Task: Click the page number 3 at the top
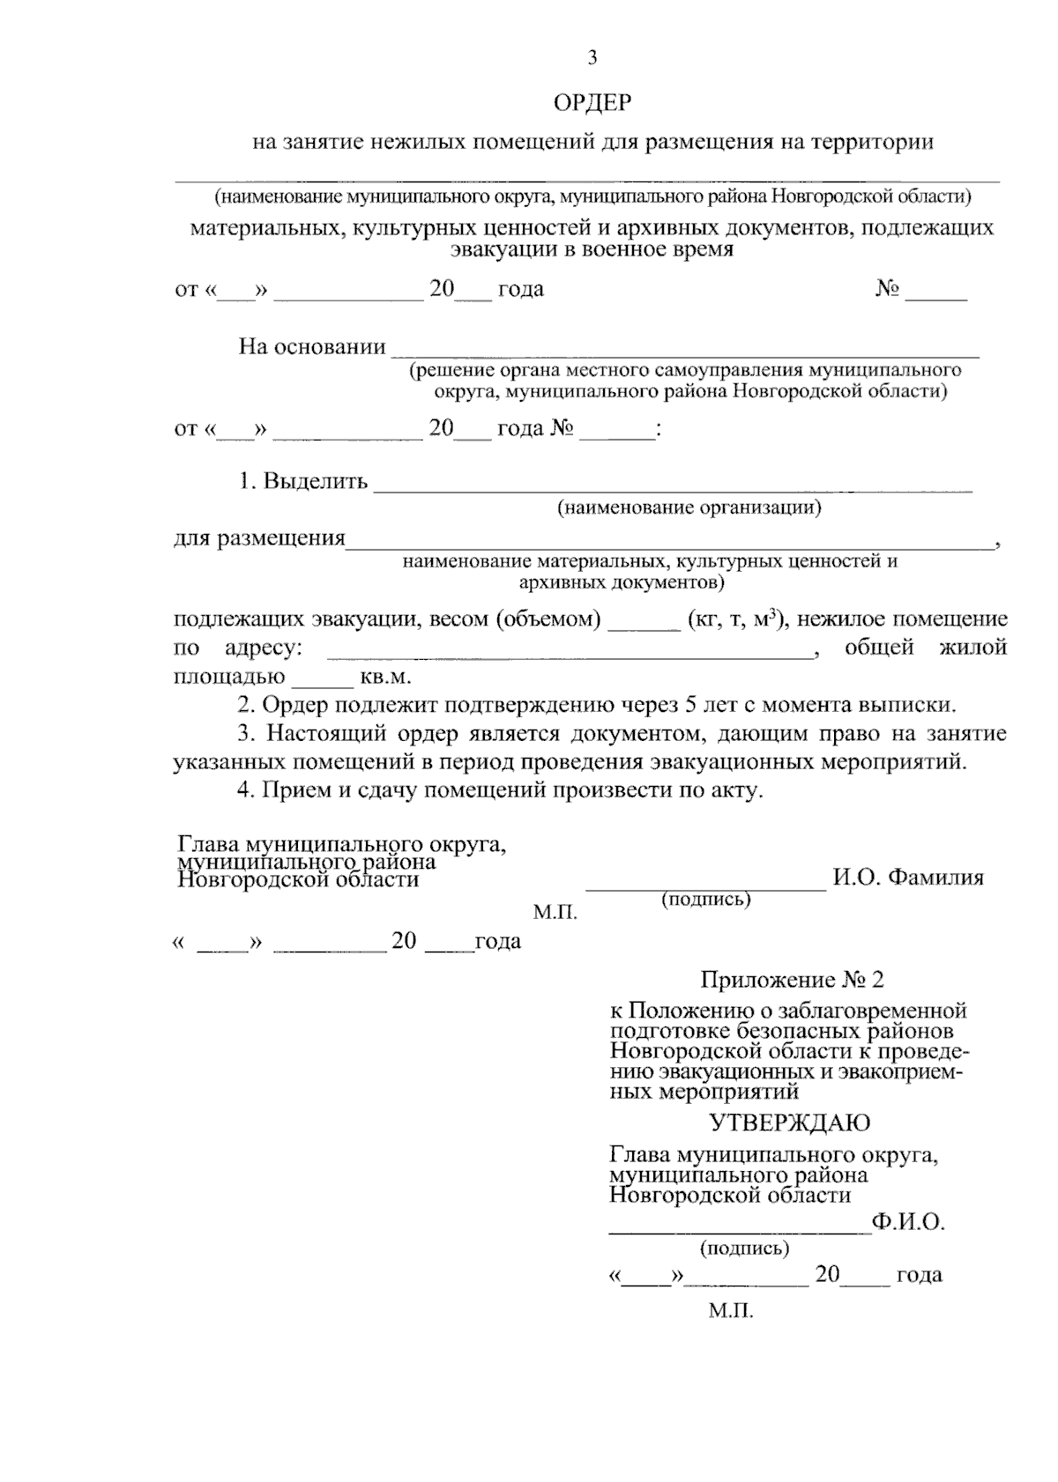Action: click(592, 58)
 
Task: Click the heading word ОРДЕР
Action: click(592, 104)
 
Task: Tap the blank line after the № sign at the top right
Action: click(936, 298)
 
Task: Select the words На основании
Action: click(312, 347)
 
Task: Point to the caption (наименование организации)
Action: click(689, 508)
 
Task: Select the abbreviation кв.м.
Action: click(386, 678)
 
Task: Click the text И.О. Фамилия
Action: click(907, 878)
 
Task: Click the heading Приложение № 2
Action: click(791, 980)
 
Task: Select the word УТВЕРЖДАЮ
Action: click(790, 1123)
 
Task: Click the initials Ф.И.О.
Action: click(907, 1223)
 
